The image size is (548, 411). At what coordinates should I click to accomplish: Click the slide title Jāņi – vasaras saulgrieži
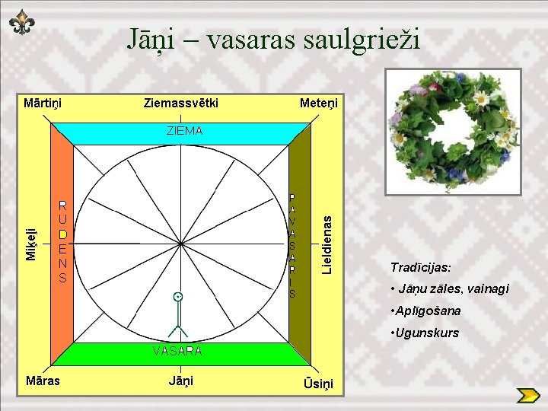click(x=273, y=38)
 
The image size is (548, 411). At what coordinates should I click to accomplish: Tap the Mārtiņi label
click(x=43, y=102)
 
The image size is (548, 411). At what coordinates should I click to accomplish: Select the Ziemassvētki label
click(x=180, y=102)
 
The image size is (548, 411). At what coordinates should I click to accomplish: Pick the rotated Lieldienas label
click(x=327, y=244)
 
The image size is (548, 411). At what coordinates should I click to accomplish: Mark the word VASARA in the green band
click(x=177, y=351)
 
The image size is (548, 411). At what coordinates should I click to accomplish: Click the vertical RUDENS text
click(x=63, y=242)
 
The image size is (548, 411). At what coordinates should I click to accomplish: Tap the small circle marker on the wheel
click(x=178, y=295)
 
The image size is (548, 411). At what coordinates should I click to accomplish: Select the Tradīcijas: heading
click(x=420, y=268)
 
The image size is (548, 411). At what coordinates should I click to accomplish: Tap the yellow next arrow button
click(x=527, y=396)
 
